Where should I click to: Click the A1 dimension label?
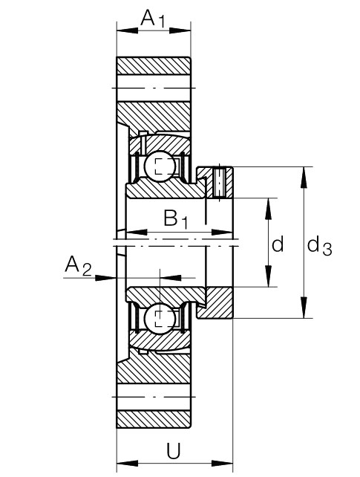(153, 19)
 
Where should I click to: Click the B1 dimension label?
(176, 218)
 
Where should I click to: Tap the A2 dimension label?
(78, 265)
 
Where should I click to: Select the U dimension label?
(174, 450)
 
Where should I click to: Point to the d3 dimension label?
(319, 247)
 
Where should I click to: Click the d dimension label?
(278, 244)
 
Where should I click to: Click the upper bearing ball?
(160, 166)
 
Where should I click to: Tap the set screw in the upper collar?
(219, 182)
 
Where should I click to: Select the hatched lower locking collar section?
(216, 303)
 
